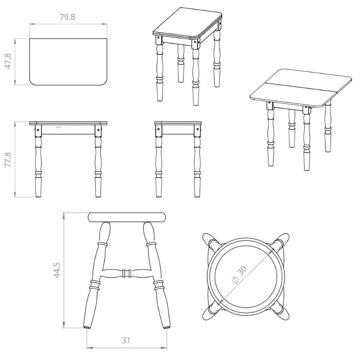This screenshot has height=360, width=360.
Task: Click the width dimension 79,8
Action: coord(68,17)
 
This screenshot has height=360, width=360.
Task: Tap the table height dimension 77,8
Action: coord(8,159)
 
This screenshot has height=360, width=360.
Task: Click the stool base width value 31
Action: coord(126,340)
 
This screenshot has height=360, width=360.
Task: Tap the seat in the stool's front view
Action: coord(127,217)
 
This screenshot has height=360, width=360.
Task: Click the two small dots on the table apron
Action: coord(59,127)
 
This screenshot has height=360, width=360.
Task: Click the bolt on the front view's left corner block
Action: coord(38,130)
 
